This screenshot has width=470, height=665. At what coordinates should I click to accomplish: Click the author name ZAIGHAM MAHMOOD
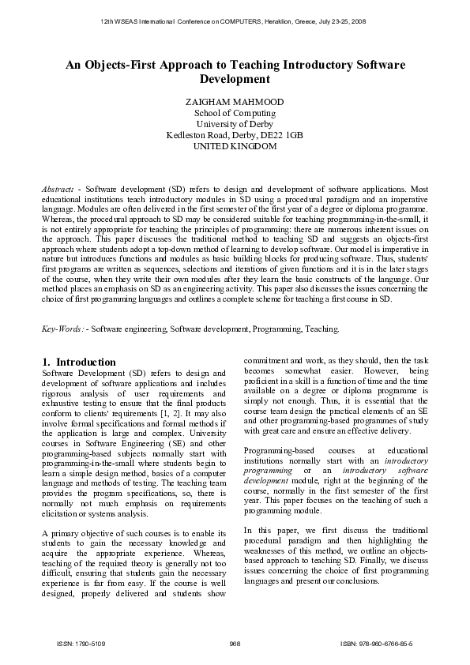pos(235,102)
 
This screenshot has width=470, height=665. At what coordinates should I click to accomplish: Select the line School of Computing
pos(235,113)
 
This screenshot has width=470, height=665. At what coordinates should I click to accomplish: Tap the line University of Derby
pos(235,124)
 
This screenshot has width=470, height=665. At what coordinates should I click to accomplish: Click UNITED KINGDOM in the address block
pos(235,146)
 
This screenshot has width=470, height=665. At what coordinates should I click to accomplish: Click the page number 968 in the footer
pos(235,644)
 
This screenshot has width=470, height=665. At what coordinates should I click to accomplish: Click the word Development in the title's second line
pos(235,80)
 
